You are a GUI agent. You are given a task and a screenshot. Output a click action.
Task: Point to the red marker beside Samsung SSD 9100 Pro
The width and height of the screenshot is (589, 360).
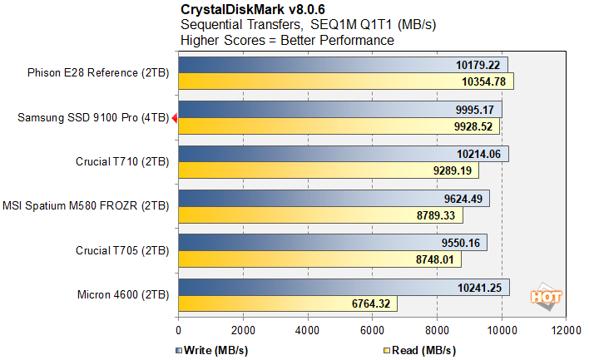pos(174,119)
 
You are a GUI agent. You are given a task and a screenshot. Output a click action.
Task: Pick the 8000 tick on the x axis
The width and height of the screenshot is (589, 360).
pos(437,328)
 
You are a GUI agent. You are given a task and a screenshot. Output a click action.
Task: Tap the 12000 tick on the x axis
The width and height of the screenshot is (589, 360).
pos(567,328)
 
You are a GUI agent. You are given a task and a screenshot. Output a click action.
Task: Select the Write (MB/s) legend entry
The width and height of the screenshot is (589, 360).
pos(213,349)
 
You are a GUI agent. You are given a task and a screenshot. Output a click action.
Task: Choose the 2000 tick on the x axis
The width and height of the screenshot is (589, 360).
pos(243,328)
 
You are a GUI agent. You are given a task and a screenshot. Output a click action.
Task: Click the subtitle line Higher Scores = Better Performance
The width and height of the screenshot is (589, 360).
pos(287,39)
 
